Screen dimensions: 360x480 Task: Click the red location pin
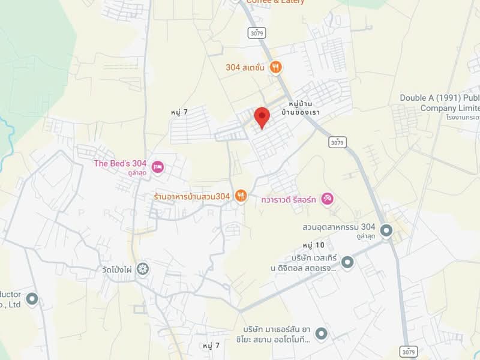pos(262,116)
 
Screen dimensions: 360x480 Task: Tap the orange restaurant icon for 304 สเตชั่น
pos(276,67)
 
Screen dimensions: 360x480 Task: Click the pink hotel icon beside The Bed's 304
pos(158,167)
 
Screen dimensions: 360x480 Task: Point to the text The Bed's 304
pos(120,163)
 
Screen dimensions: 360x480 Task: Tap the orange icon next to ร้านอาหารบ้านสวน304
pos(241,195)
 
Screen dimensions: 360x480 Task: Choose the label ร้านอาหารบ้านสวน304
pos(191,196)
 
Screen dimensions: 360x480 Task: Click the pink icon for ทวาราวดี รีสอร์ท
pos(327,198)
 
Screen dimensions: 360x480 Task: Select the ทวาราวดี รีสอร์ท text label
pos(289,198)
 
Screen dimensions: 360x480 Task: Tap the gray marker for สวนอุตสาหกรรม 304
pos(386,230)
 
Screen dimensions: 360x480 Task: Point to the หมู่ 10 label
pos(313,245)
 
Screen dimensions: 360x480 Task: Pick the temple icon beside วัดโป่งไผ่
pos(143,268)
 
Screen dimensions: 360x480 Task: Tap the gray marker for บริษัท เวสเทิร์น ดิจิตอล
pos(347,261)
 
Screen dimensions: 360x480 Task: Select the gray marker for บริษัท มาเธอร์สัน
pos(322,333)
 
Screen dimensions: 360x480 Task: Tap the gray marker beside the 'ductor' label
pos(32,298)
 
